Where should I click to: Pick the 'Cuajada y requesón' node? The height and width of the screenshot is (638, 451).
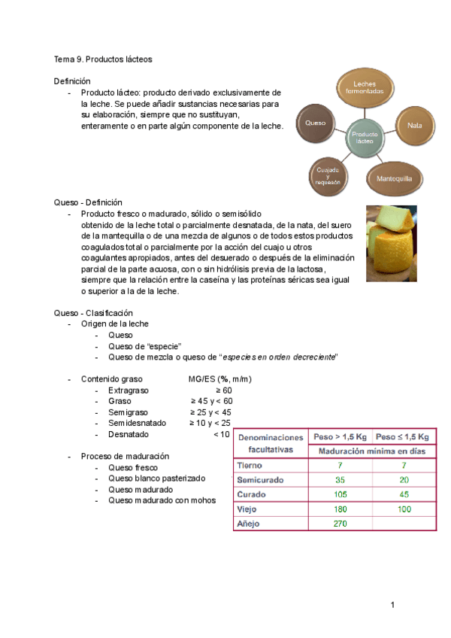point(328,177)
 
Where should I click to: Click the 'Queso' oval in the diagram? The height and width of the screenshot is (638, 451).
point(316,122)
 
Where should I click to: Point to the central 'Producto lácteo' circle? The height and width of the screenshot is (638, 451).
point(364,137)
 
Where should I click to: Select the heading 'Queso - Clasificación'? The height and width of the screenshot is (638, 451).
point(92,312)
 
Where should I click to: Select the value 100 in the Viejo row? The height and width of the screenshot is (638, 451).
point(404,509)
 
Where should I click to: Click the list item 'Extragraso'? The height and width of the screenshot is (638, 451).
point(129,390)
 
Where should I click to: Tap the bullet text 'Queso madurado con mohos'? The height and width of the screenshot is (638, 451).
point(162,500)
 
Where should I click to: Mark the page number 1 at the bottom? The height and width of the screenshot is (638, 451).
point(392,605)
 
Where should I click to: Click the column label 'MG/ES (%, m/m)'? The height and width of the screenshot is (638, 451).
point(220,379)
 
